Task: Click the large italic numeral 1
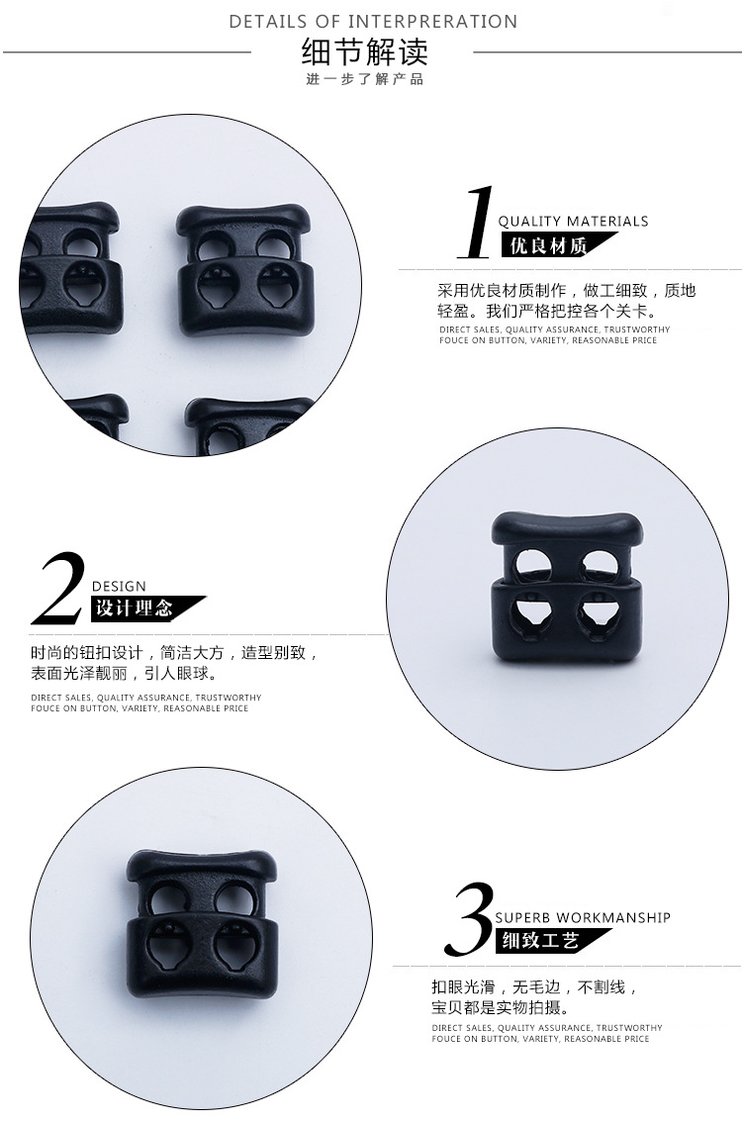tap(477, 222)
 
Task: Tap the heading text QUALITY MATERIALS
tap(573, 221)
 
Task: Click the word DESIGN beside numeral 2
tap(119, 587)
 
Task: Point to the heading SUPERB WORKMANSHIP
tap(583, 917)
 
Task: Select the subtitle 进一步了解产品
tap(364, 79)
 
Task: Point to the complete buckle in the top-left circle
tap(242, 271)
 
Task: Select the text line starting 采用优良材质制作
tap(566, 291)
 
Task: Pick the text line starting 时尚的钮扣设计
tap(174, 654)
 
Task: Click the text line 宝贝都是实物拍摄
tap(499, 1008)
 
